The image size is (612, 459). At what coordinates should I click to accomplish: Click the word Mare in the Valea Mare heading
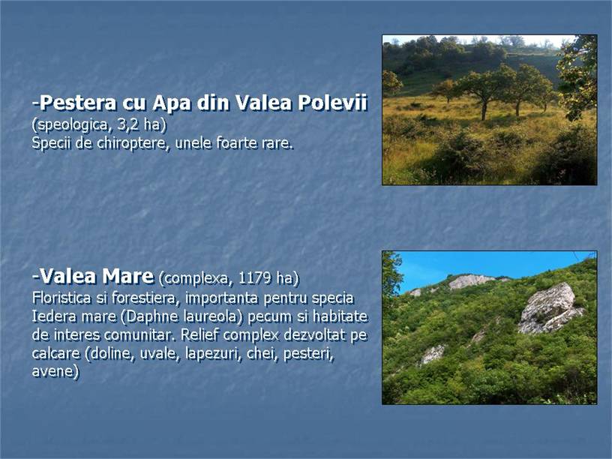[x=128, y=276]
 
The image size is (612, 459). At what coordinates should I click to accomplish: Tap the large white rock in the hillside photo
[x=550, y=308]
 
